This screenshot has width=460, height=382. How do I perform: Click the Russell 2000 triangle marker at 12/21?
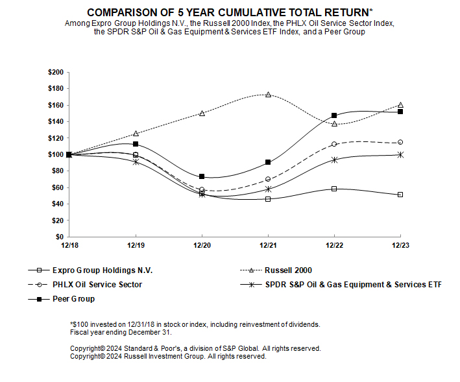(x=268, y=95)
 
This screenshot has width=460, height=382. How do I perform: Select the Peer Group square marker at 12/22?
(x=334, y=115)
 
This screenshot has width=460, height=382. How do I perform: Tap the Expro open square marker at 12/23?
(x=400, y=195)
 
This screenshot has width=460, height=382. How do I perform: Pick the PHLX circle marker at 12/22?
(x=334, y=144)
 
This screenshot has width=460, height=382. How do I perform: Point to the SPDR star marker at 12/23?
(x=400, y=154)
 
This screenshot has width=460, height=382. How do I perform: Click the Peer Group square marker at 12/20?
(x=202, y=176)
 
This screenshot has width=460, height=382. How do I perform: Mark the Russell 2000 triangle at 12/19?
(x=136, y=134)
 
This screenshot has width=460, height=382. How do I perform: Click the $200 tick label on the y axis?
(x=56, y=72)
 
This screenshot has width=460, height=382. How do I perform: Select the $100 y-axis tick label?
(x=56, y=154)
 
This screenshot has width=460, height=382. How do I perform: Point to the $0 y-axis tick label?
(x=60, y=237)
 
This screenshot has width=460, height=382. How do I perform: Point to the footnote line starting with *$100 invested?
(x=195, y=324)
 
